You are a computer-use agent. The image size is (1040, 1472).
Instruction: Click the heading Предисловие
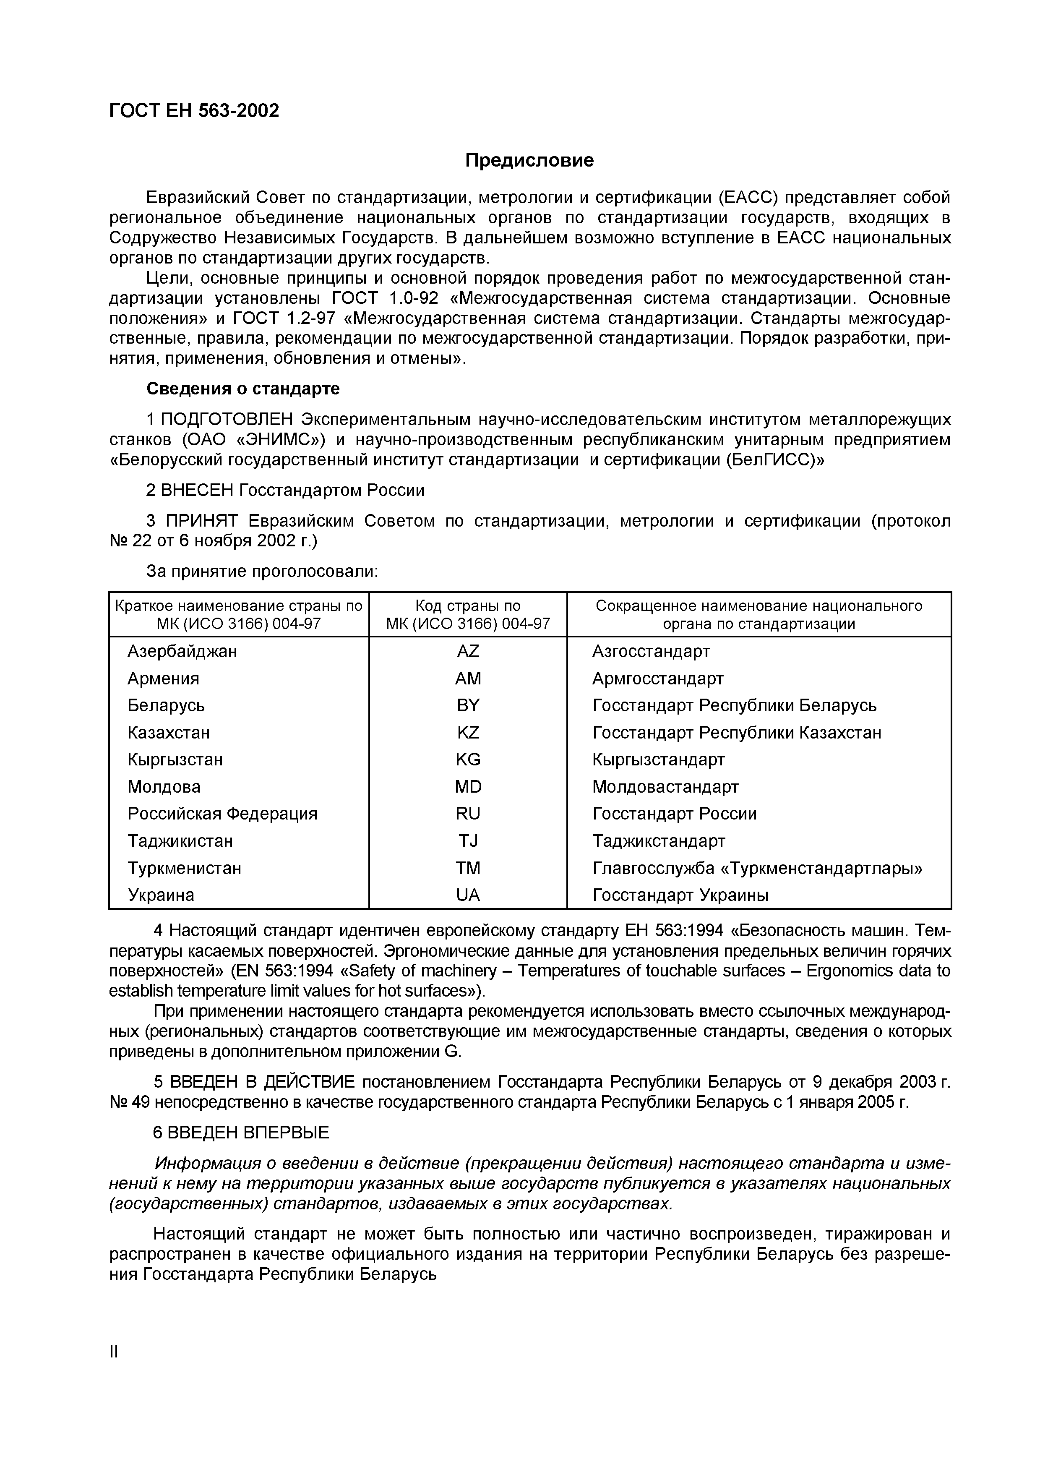tap(529, 160)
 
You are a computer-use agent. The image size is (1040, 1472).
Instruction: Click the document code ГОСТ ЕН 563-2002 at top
tap(194, 111)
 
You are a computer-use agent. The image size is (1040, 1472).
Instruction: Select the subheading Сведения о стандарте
tap(243, 389)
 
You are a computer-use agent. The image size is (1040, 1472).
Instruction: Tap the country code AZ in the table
tap(468, 651)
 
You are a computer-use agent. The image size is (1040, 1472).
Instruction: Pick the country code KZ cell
tap(468, 732)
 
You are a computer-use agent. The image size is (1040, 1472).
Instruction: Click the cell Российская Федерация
tap(222, 814)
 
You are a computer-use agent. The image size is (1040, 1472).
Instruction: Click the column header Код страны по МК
tap(468, 615)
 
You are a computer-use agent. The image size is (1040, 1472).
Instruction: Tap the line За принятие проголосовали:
tap(263, 571)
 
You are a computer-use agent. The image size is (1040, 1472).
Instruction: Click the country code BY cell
tap(468, 705)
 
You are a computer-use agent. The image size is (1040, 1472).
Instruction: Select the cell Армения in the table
tap(163, 678)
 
